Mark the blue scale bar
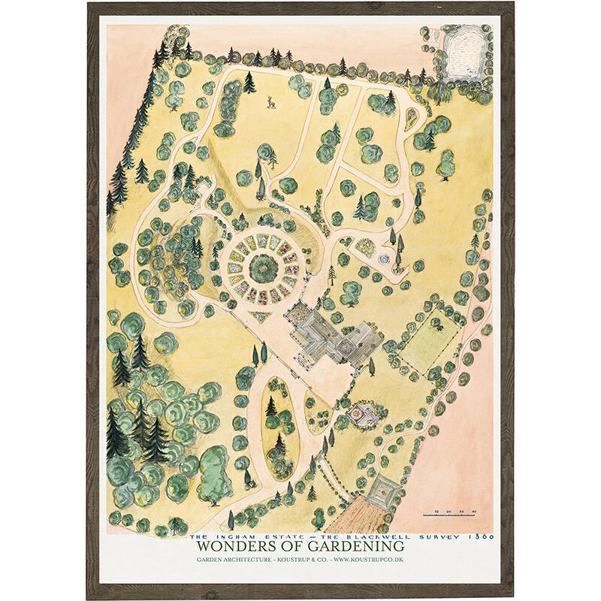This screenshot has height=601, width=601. [451, 515]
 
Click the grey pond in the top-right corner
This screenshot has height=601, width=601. [466, 49]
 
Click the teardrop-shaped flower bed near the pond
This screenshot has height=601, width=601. [412, 116]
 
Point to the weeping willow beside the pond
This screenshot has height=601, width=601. [439, 91]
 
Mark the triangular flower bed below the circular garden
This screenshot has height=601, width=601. [261, 316]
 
